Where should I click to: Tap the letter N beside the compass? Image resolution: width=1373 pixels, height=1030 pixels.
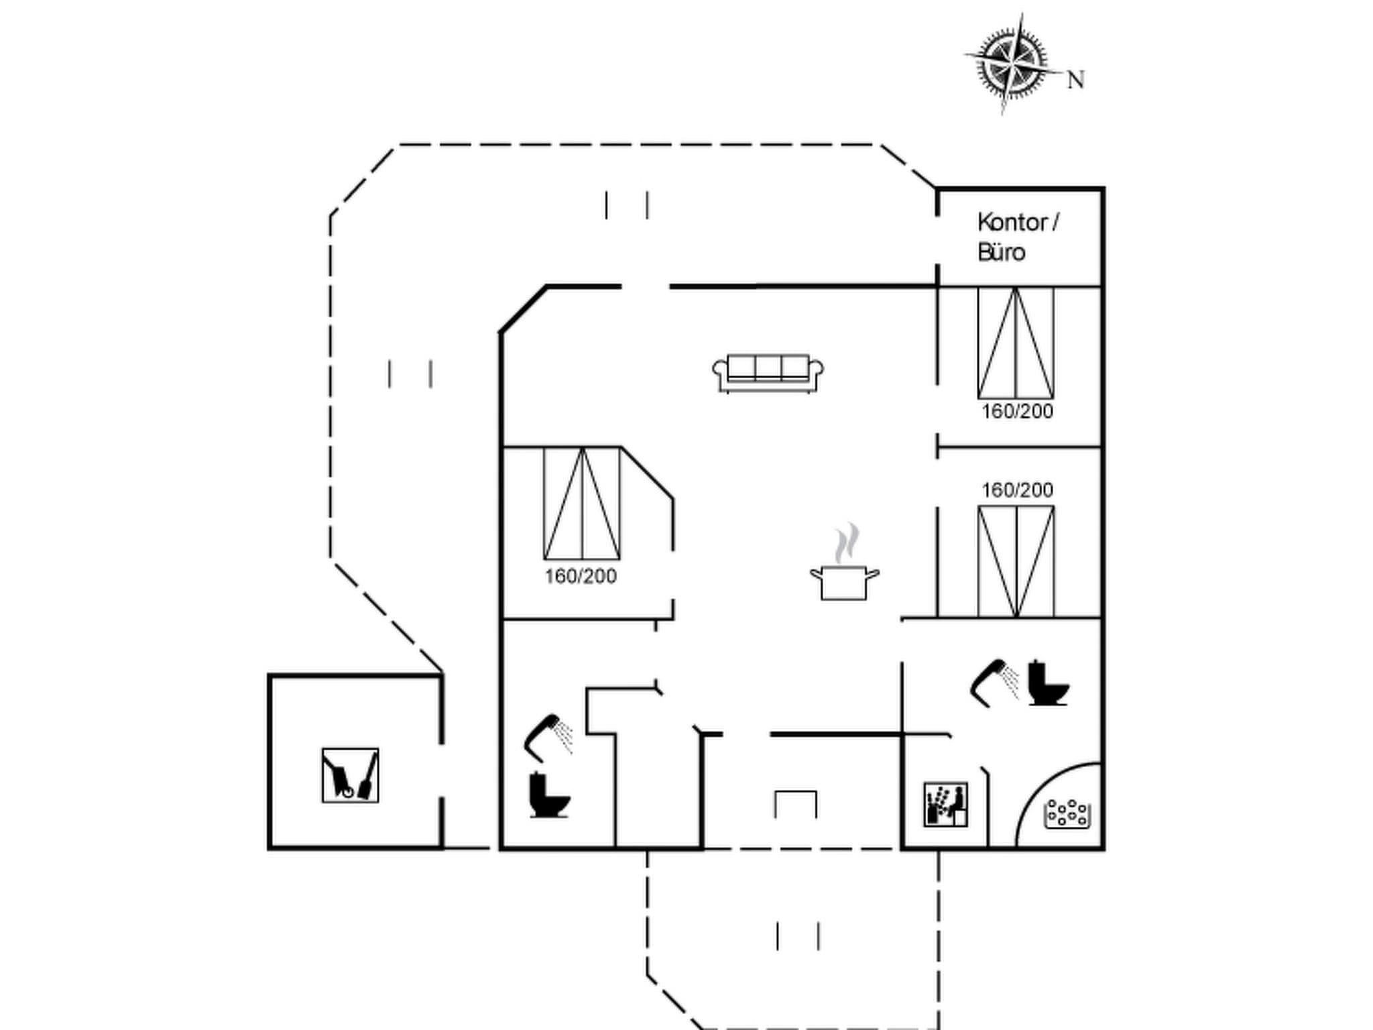(x=1075, y=80)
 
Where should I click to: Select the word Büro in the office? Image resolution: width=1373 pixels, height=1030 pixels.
(x=1002, y=253)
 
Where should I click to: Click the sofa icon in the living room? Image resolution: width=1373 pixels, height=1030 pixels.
(x=768, y=373)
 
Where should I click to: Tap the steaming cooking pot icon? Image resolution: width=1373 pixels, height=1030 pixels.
(x=844, y=581)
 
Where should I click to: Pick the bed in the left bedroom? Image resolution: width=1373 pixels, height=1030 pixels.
(x=582, y=504)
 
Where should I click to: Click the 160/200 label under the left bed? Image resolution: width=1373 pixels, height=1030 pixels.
(x=581, y=576)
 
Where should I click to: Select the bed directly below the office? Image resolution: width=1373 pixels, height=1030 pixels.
(x=1016, y=343)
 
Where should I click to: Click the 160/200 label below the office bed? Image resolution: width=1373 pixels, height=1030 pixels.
(x=1017, y=411)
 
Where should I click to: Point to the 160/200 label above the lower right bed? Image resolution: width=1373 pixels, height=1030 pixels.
(x=1017, y=490)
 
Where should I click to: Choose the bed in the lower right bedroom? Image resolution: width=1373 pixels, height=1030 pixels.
(x=1016, y=561)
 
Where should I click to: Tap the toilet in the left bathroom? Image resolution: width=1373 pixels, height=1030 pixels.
(x=548, y=796)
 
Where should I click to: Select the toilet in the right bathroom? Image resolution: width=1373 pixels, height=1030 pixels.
(x=1047, y=684)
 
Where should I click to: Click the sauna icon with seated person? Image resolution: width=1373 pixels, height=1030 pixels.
(x=945, y=804)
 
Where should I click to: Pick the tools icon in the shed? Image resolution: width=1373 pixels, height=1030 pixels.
(x=350, y=775)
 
